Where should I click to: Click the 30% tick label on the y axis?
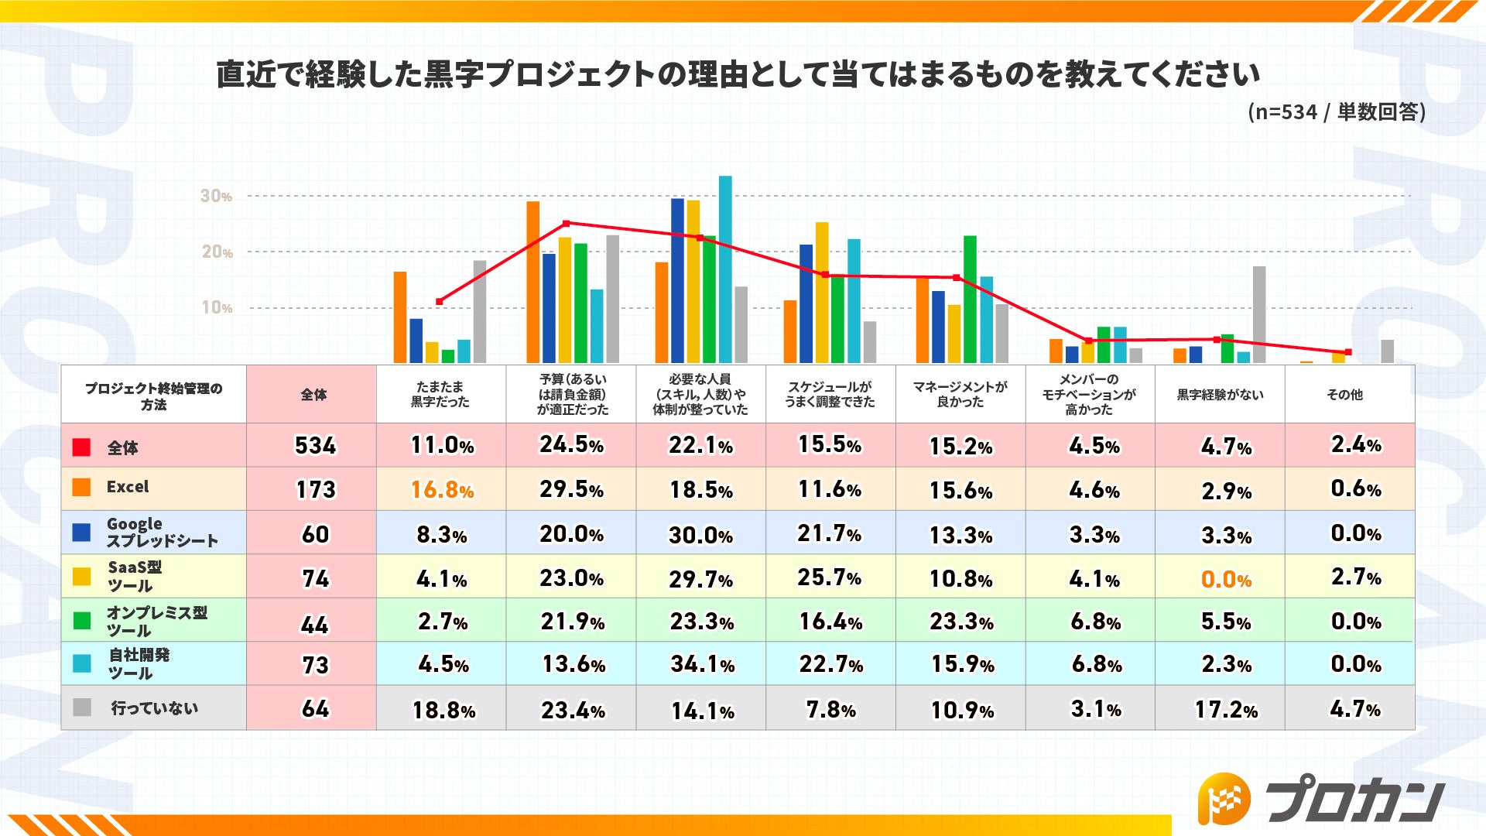click(216, 196)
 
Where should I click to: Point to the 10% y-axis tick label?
click(216, 307)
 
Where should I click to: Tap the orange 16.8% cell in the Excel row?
click(442, 489)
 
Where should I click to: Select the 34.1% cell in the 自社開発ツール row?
click(702, 664)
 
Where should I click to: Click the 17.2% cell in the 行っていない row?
click(1226, 709)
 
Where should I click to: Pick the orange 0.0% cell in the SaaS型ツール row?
click(1226, 579)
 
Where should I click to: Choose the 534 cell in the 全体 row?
click(315, 446)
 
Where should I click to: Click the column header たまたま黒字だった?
click(440, 394)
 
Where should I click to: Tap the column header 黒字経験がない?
click(1220, 395)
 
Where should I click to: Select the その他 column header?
click(1344, 395)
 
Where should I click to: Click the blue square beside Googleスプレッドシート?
click(81, 533)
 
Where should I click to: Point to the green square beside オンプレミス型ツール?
click(81, 621)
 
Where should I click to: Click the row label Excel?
click(128, 487)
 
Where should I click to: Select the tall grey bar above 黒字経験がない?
click(1259, 314)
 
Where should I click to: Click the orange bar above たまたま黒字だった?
click(400, 317)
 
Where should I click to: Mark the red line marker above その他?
click(1348, 352)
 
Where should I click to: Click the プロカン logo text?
click(1354, 799)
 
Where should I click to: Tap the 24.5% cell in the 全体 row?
click(571, 445)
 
